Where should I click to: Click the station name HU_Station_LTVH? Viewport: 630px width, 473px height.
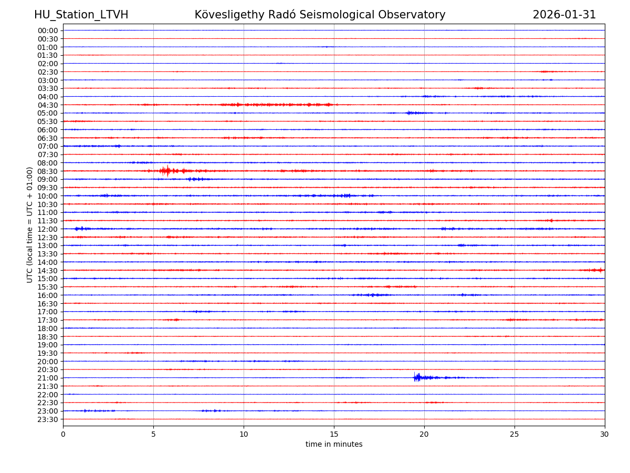coord(81,15)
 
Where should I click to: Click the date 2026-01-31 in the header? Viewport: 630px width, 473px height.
coord(564,15)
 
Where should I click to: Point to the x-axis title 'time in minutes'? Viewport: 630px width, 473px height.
coord(334,445)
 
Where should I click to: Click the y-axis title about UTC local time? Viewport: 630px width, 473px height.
coord(30,224)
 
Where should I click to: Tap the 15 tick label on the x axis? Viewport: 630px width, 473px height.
coord(334,435)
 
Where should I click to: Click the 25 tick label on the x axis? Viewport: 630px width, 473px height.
coord(514,435)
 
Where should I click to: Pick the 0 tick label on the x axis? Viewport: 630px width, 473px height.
coord(63,435)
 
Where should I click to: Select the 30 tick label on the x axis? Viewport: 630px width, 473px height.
coord(605,435)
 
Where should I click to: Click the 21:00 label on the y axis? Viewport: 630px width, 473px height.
coord(48,378)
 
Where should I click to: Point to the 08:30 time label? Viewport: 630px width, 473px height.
coord(48,171)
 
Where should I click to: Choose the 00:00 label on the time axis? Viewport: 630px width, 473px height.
coord(48,30)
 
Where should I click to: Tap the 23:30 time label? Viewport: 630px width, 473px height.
coord(48,419)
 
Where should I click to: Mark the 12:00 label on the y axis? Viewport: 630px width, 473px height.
coord(48,229)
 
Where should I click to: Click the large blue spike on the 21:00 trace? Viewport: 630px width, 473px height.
coord(417,377)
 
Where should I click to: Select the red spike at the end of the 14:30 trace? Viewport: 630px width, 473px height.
coord(600,270)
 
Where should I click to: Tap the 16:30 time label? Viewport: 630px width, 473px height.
coord(48,304)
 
